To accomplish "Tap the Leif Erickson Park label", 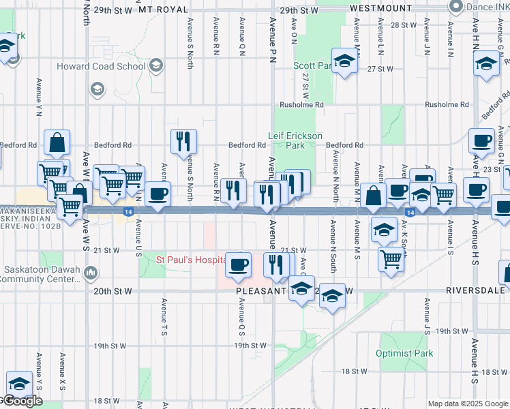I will pos(295,140).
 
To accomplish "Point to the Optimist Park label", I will pos(404,354).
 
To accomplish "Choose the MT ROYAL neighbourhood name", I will pos(162,10).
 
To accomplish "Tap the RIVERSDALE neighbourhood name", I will pos(477,290).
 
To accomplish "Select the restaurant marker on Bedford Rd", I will pos(183,142).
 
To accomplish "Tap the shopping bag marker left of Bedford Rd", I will pos(57,142).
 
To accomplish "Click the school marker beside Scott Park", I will pos(345,61).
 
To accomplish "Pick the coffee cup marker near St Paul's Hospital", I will pos(238,264).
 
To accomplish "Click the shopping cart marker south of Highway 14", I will pos(391,258).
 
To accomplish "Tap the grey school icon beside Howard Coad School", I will pos(156,65).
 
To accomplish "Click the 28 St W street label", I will pos(402,25).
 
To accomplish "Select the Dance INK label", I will pos(487,7).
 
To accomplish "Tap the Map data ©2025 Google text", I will pos(468,404).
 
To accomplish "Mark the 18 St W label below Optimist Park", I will pos(355,372).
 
